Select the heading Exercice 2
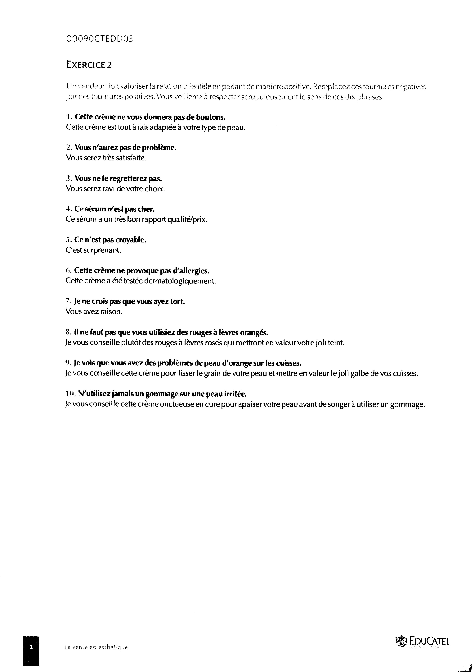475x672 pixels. (89, 65)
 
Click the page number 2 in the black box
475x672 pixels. (31, 647)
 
